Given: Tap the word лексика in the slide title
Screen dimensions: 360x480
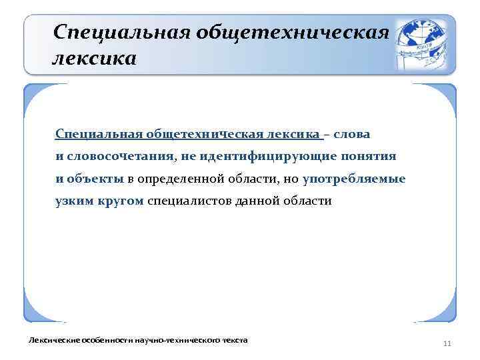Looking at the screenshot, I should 94,59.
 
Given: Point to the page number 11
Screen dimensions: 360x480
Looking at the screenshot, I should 447,343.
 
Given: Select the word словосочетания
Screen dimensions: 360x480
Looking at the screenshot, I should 121,156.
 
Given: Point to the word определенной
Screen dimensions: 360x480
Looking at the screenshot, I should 177,179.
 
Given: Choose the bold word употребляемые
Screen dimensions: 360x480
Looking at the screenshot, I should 354,179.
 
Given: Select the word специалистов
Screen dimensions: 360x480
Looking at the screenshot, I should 189,201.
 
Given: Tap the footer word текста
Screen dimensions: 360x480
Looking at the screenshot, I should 234,340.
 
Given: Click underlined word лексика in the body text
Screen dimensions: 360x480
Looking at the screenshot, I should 293,134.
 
